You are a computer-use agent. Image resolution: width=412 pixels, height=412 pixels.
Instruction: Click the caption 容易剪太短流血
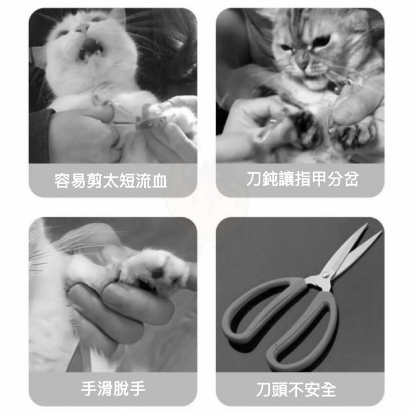111,180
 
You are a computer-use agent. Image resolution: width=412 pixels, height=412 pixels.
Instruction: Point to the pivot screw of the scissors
325,275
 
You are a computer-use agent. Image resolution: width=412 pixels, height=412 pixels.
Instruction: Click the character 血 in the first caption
160,181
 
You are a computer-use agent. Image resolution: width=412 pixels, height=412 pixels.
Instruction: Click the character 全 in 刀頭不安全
328,389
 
